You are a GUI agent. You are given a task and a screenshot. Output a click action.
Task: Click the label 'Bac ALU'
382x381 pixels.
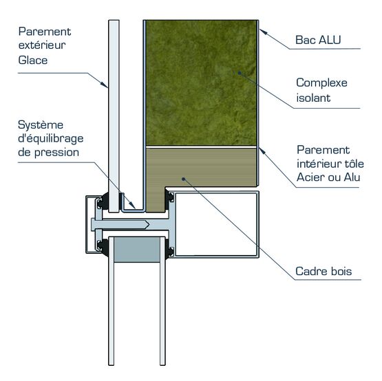[318, 40]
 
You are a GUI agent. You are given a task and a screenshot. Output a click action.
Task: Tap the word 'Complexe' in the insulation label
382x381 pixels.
[321, 83]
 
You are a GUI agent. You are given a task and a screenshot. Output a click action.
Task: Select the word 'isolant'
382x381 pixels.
[313, 98]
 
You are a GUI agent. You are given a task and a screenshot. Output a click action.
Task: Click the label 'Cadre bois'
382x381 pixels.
[323, 271]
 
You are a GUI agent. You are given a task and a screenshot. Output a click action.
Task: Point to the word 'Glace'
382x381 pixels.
[33, 60]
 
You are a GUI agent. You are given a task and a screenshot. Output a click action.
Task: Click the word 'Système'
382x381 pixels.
[41, 125]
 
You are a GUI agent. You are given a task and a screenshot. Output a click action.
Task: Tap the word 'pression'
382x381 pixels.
[56, 153]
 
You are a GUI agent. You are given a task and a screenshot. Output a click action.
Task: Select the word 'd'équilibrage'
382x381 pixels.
[51, 139]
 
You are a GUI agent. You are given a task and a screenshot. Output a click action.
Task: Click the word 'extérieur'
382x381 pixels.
[42, 45]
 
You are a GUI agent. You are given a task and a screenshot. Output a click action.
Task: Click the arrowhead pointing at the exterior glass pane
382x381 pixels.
[105, 84]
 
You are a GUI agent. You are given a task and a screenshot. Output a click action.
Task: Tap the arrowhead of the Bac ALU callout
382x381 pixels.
[264, 32]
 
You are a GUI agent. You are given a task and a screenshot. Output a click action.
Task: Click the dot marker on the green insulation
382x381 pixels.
[240, 73]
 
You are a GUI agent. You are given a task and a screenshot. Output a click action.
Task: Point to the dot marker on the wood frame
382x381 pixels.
[184, 179]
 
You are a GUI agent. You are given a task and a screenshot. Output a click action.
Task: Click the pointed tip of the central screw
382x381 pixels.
[149, 224]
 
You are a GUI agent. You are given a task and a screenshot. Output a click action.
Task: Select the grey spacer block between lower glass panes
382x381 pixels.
[137, 250]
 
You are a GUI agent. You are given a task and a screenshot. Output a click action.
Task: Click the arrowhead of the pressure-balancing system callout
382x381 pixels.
[132, 205]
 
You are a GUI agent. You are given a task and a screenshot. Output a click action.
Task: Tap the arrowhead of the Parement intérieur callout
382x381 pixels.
[262, 151]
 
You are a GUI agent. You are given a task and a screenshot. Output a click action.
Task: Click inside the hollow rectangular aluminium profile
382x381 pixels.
[216, 224]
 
